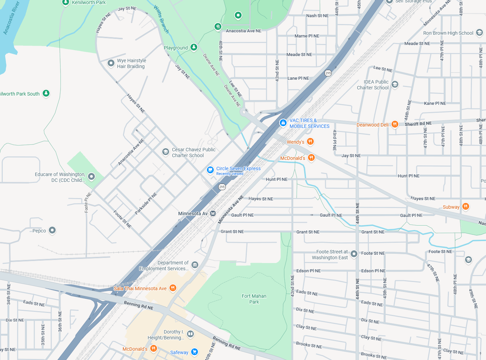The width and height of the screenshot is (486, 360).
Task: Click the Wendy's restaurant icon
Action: [310, 142]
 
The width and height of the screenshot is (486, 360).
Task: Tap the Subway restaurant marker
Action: [465, 207]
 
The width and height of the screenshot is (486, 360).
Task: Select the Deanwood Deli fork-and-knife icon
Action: [395, 124]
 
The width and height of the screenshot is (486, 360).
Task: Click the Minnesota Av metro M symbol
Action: [213, 214]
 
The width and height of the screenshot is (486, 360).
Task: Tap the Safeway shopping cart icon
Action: [195, 352]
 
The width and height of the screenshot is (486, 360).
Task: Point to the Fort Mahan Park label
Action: [254, 299]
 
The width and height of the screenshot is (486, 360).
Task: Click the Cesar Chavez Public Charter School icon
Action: [166, 152]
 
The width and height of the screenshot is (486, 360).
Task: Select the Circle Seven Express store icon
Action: [210, 170]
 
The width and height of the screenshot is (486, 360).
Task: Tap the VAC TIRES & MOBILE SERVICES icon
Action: [283, 123]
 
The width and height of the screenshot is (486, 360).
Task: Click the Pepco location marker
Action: [52, 230]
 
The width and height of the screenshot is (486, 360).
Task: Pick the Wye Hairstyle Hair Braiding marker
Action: [111, 63]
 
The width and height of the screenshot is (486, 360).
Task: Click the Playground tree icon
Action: [194, 47]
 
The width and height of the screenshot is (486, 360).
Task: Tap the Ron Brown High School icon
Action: [479, 33]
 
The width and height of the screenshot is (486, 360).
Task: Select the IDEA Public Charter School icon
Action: [395, 84]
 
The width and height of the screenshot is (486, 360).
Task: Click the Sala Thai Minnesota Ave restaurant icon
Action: [173, 288]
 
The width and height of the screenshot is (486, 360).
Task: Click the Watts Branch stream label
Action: [161, 19]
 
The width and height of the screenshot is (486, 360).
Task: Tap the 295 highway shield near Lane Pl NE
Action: [328, 73]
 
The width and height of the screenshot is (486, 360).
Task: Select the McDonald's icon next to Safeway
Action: [154, 349]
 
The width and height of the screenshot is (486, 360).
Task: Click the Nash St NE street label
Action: [317, 15]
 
